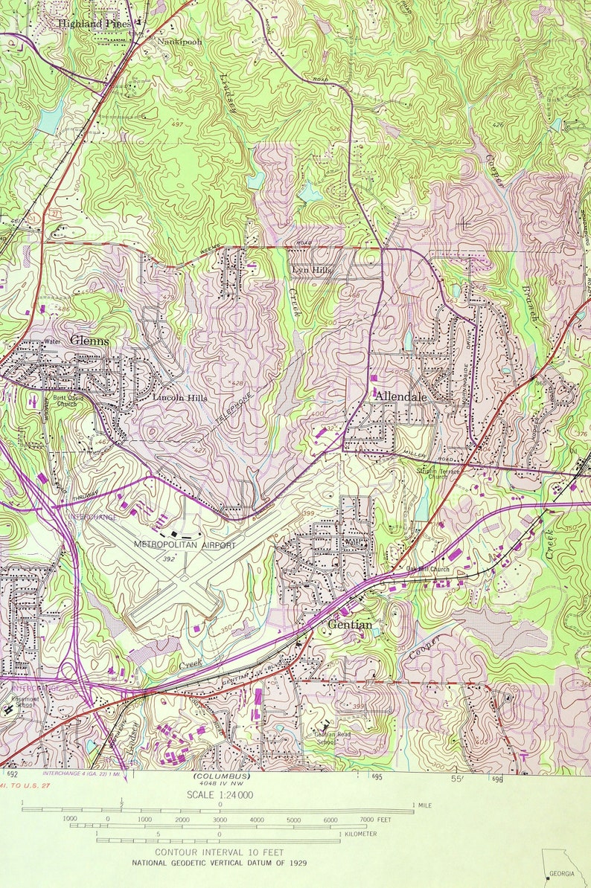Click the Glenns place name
coord(89,341)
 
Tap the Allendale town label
coord(400,396)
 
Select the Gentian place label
coord(350,625)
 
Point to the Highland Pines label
coord(95,24)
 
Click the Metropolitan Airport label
coord(184,545)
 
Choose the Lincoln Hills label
coord(180,398)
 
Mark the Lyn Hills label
coord(312,271)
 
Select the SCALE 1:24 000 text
coord(221,794)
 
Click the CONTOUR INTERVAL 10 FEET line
coord(220,852)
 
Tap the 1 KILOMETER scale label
coord(358,834)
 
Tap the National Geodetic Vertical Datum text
coord(220,863)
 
